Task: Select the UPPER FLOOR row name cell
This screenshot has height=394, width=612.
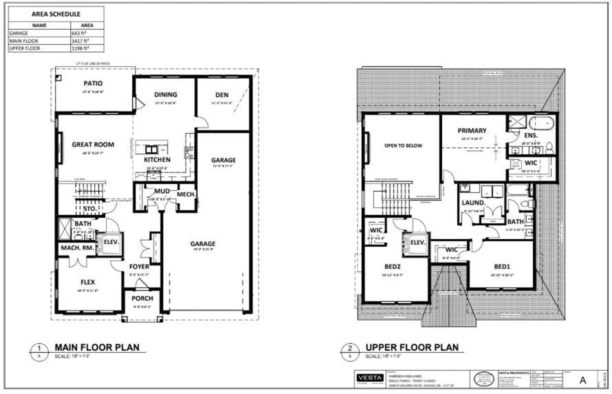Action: [25, 48]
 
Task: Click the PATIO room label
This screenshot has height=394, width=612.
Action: [93, 83]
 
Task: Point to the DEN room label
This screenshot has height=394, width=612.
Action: [222, 95]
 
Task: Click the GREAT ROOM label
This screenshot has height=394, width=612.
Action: [93, 145]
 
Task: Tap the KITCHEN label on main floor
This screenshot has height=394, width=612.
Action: [157, 160]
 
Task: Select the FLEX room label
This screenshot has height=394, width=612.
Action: [88, 282]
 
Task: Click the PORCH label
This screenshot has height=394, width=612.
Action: [142, 298]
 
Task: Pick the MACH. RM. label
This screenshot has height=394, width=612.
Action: [77, 248]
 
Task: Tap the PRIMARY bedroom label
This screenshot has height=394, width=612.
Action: [472, 131]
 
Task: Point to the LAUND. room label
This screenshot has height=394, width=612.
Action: [473, 203]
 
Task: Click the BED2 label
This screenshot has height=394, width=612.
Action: [392, 267]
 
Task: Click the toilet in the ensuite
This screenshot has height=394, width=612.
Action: [549, 148]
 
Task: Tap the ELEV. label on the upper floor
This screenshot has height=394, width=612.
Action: [418, 242]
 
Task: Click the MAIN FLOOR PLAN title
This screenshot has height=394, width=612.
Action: [97, 347]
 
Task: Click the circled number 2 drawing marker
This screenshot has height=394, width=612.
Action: [350, 348]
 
